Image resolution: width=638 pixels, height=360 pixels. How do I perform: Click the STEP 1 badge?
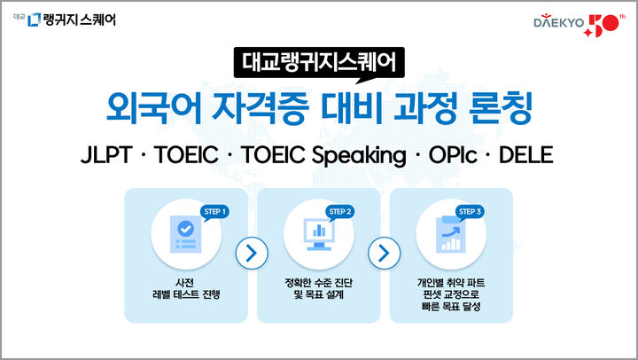215,211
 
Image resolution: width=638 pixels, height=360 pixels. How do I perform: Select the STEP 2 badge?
340,211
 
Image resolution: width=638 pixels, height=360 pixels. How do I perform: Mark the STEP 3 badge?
470,211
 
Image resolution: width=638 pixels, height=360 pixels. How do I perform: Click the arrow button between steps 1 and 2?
252,253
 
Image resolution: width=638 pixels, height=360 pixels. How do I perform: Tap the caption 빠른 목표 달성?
451,308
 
